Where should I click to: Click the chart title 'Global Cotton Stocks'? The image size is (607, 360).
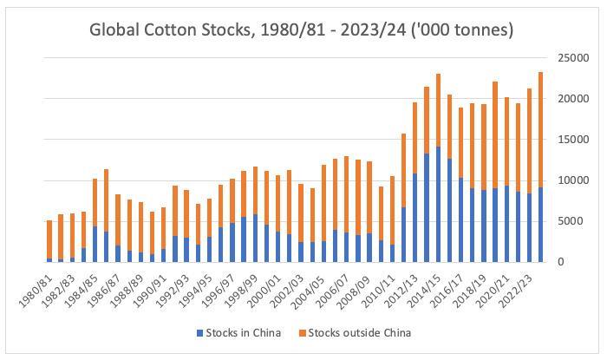(x=302, y=29)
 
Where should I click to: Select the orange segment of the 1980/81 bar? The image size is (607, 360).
(x=49, y=239)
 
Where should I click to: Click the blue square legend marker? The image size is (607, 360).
(x=200, y=333)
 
